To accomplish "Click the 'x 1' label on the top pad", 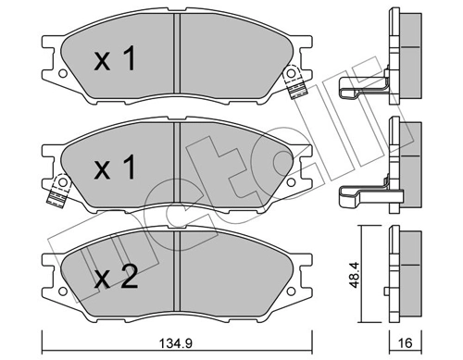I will pos(117,60).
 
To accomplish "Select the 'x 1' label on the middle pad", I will pos(117,168).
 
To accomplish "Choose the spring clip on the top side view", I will pos(359,88).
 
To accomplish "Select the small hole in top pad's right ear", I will pos(294,74).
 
